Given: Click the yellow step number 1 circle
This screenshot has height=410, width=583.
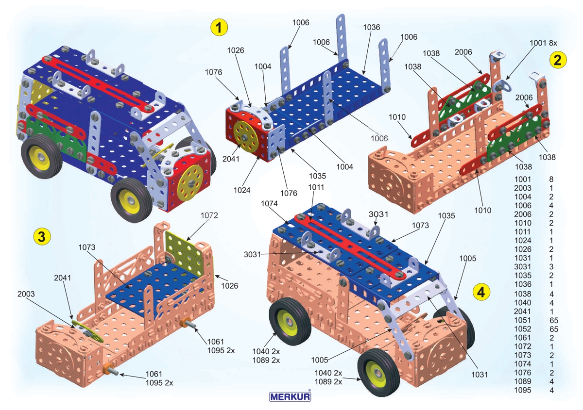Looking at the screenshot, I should point(219,27).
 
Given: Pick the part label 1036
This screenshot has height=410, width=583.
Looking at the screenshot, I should point(371,27).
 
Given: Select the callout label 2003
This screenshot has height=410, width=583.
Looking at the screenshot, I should point(27,294).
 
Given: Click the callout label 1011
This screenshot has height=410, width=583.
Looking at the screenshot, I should point(313,187).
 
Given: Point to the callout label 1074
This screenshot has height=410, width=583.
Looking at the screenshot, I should point(270,204).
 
